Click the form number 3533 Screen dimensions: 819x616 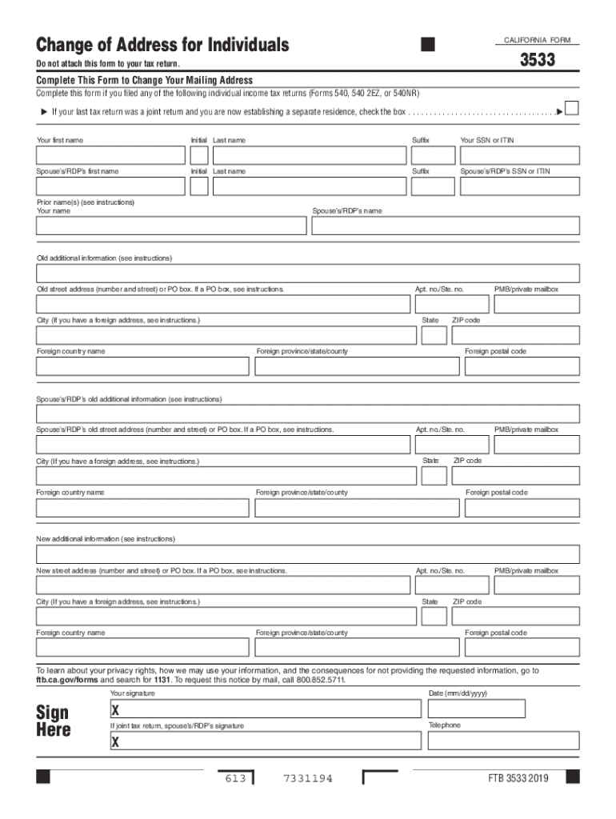[538, 59]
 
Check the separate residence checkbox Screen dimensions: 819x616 [571, 108]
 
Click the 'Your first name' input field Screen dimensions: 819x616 [110, 155]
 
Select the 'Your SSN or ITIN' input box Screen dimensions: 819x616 [518, 155]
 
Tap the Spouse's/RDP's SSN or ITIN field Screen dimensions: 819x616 [518, 186]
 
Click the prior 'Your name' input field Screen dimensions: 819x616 [171, 226]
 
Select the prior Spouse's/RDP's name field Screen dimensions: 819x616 [445, 226]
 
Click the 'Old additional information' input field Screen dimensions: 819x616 [308, 273]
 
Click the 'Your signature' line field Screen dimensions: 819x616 [265, 709]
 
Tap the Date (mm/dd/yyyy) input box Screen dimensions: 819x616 [476, 709]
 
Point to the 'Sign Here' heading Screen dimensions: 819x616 [54, 721]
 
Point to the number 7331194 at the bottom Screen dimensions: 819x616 [308, 778]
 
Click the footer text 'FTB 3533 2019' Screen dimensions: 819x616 [519, 778]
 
